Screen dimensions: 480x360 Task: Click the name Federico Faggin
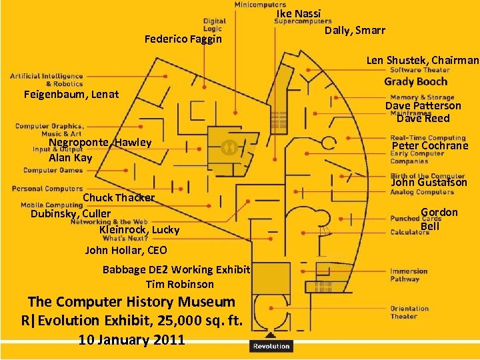(x=183, y=39)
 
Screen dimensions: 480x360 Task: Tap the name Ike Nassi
(x=299, y=14)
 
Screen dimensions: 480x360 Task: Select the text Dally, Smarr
(x=355, y=31)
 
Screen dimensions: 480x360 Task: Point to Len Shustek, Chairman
(x=423, y=60)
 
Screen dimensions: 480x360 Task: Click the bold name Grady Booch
(x=416, y=81)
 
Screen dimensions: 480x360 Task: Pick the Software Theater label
(x=420, y=70)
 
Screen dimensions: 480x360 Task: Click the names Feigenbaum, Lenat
(x=71, y=94)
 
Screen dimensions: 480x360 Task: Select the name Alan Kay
(x=71, y=158)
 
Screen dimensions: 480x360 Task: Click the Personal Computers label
(x=47, y=189)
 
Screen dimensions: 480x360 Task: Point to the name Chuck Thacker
(x=119, y=197)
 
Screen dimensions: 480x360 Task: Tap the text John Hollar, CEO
(x=126, y=251)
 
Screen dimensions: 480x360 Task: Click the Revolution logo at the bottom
(x=271, y=345)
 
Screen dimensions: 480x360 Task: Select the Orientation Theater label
(x=409, y=312)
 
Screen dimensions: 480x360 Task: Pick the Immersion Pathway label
(x=409, y=275)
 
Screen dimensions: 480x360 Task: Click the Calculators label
(x=409, y=232)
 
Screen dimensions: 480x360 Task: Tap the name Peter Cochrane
(x=430, y=146)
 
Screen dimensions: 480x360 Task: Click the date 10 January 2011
(x=131, y=339)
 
